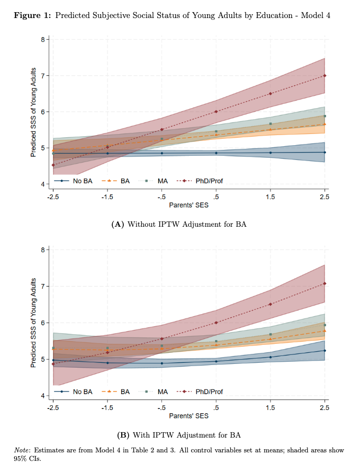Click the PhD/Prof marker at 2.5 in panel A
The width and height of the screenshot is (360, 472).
[325, 75]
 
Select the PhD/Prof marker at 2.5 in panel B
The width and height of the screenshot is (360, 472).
[325, 283]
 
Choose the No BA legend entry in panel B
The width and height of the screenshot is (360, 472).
[74, 391]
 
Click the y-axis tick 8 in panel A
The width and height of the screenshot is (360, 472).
[46, 39]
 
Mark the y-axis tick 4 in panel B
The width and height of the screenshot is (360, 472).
[46, 396]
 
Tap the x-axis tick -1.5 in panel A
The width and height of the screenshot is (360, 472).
[107, 197]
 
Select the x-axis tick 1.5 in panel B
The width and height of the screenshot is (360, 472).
[271, 407]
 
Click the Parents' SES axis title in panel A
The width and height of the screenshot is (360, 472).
[188, 204]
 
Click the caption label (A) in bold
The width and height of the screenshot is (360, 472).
[117, 224]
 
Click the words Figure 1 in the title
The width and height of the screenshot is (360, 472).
[32, 15]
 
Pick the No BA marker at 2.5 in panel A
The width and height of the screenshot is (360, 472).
[325, 152]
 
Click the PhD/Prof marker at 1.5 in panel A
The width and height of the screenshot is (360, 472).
[271, 94]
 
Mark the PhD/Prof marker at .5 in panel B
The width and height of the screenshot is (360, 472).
[216, 323]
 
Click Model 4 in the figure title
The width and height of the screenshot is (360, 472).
[316, 15]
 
